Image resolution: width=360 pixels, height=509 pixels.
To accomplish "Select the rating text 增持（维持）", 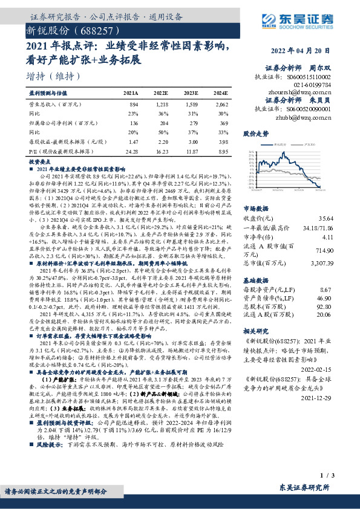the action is click(53, 77).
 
